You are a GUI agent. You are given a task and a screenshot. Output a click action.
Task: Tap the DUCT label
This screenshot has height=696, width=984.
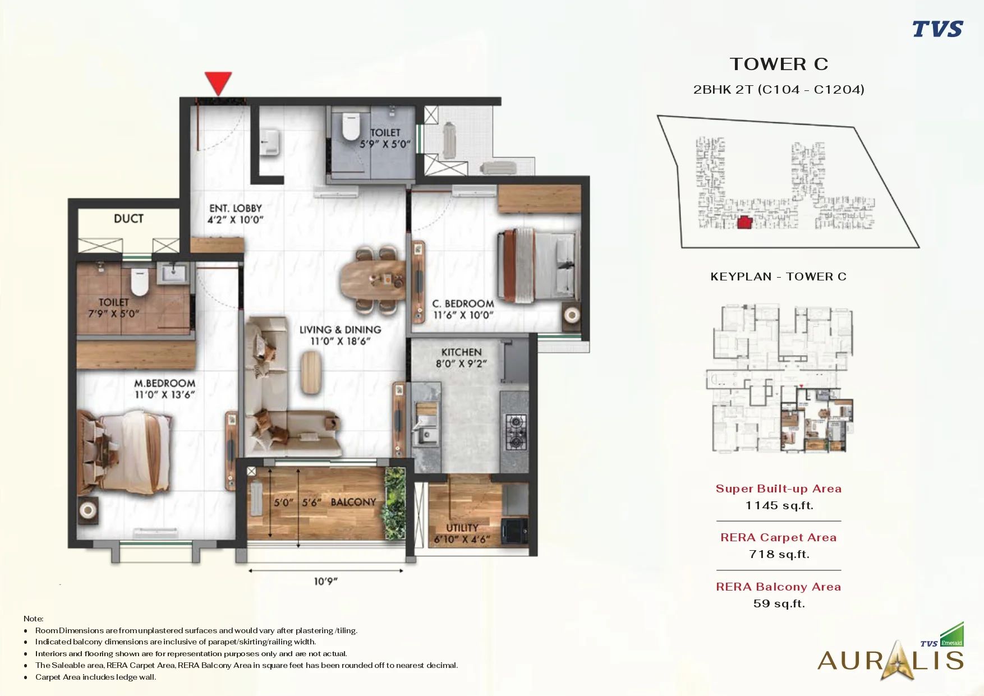click(x=128, y=219)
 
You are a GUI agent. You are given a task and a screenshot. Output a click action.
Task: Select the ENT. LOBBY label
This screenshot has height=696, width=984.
click(x=236, y=208)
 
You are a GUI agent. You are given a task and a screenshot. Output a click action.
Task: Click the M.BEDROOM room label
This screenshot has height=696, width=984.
click(x=164, y=384)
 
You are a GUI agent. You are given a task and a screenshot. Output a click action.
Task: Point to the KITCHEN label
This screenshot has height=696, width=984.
click(x=461, y=352)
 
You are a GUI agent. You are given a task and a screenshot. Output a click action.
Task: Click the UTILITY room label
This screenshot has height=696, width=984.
click(x=462, y=528)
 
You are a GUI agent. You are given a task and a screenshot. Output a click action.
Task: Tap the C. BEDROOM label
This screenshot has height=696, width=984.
click(x=463, y=303)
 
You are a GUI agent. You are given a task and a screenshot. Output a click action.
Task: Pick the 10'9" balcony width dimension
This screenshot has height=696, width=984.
click(x=325, y=582)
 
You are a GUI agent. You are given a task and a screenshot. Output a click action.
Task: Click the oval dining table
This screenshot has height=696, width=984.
click(x=373, y=280)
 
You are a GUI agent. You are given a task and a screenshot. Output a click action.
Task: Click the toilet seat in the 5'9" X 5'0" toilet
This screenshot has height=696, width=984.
click(x=351, y=127)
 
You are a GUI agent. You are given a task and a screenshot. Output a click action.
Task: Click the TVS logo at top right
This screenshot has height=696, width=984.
click(x=937, y=29)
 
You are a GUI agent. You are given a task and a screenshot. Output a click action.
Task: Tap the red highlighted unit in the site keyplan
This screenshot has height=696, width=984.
click(x=744, y=222)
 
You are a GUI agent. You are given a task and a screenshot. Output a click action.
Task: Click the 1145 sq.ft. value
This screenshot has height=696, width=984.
click(x=779, y=505)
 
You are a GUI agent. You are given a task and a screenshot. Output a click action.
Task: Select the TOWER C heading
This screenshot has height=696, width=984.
click(x=779, y=64)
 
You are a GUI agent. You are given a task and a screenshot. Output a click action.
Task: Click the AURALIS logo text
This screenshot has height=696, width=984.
click(x=890, y=660)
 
